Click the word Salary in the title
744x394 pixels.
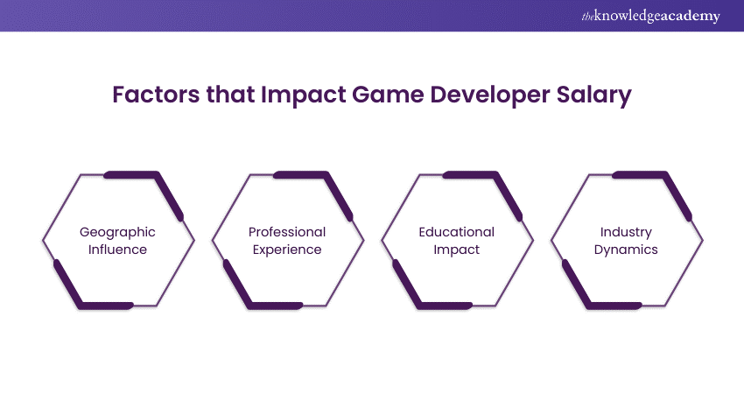(x=599, y=95)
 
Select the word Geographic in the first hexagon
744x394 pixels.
(x=117, y=232)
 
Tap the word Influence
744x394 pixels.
(x=117, y=250)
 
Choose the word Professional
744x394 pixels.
(x=287, y=232)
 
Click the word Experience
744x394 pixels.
(x=287, y=250)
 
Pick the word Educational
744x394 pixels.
(x=456, y=232)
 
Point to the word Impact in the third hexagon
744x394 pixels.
(x=456, y=250)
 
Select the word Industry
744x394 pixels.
(x=627, y=232)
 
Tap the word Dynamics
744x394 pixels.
(x=627, y=250)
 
